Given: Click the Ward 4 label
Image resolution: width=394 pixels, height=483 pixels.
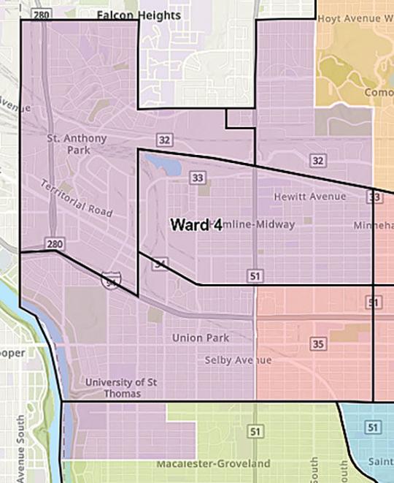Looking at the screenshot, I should [x=196, y=224].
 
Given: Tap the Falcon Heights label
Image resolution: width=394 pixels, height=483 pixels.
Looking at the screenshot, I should [x=139, y=14].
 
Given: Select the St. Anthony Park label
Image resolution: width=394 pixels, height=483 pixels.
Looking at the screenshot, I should [x=77, y=144].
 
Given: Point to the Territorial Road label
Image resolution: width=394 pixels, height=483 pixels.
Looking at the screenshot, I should [x=77, y=198].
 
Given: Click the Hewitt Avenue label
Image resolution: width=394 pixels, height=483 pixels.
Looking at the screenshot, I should [x=310, y=197].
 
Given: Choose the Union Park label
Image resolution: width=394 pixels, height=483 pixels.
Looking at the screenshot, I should [x=201, y=338].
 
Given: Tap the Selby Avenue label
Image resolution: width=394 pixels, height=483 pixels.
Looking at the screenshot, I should [x=238, y=360].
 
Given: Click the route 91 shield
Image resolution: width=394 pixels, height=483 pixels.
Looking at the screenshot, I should [x=374, y=302].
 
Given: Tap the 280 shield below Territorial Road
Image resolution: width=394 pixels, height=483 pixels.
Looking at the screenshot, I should [x=53, y=243].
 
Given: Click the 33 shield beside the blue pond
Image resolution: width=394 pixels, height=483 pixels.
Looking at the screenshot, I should [x=196, y=178].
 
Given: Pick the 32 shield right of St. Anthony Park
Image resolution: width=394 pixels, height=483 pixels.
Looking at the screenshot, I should [x=164, y=139].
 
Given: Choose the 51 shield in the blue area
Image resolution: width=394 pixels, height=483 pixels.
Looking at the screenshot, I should [x=372, y=427].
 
